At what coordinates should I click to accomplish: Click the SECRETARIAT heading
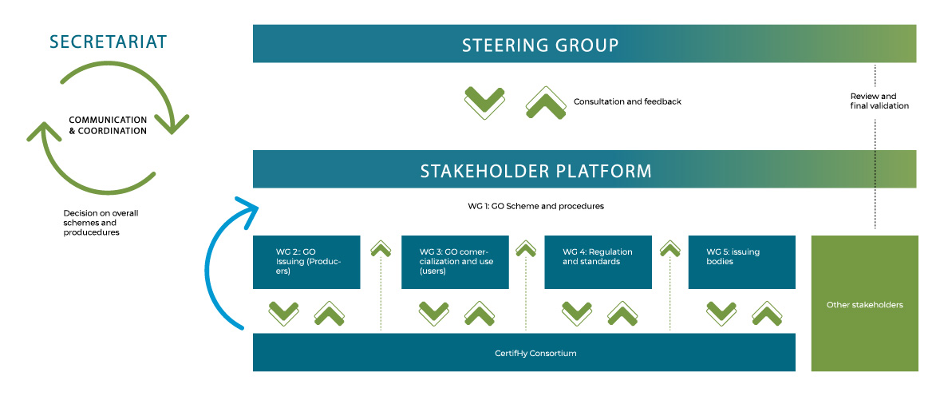pos(109,42)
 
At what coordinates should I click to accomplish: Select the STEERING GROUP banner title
pos(540,46)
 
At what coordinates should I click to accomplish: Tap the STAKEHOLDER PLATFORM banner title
pos(535,171)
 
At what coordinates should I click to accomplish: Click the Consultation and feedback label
pos(627,102)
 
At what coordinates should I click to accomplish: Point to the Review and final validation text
pos(879,101)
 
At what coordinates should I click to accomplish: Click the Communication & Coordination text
pos(108,125)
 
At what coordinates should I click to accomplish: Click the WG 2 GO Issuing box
pos(306,262)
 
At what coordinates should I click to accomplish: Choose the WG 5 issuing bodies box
pos(742,262)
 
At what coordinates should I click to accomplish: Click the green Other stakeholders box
pos(864,303)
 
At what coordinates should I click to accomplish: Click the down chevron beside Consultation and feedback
pos(484,102)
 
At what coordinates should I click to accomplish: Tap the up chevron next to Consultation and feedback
pos(546,102)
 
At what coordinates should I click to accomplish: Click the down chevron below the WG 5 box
pos(721,314)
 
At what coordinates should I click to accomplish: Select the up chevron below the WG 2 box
pos(330,314)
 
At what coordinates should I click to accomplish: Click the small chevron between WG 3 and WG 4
pos(526,247)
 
